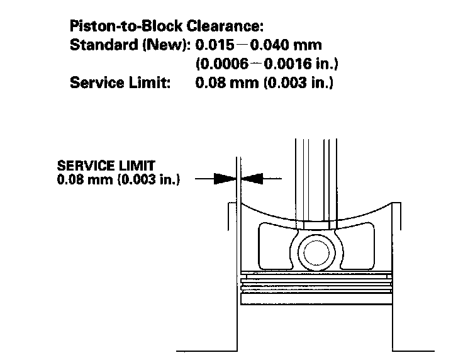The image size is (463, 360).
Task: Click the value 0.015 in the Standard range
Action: point(213,46)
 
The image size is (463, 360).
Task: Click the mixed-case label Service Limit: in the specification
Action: point(120,83)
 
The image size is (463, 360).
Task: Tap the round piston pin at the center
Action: point(315,251)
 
